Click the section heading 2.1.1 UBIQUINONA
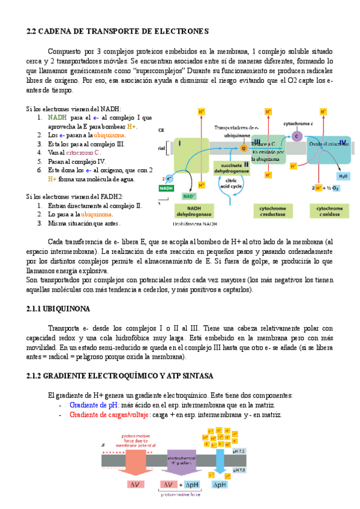coord(58,309)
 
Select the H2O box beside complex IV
coord(343,176)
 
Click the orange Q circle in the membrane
coord(244,148)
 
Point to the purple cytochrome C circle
coord(296,136)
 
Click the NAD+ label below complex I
coord(190,196)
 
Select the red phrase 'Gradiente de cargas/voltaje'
coord(110,415)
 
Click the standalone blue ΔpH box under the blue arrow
coord(220,484)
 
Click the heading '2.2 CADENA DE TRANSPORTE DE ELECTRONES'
coord(118,31)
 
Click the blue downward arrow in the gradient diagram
coord(219,460)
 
